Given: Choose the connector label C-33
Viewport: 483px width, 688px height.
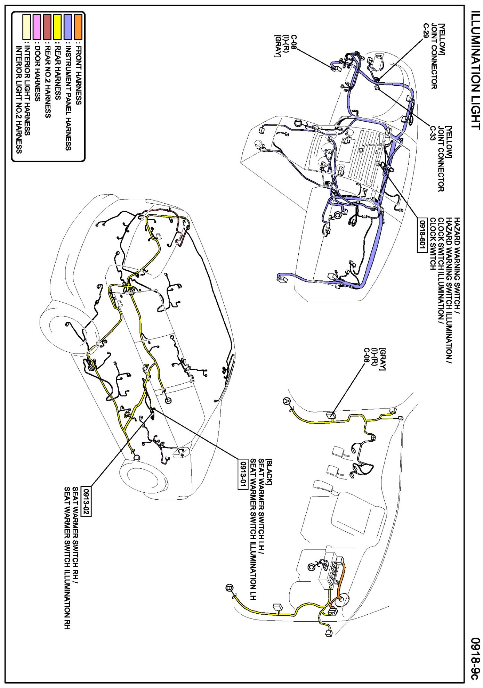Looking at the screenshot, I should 433,133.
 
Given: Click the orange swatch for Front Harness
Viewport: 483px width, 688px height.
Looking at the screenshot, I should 78,26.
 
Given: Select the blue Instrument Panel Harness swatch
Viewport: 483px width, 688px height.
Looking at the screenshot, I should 68,26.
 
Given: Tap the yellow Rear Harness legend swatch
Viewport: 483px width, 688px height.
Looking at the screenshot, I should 57,26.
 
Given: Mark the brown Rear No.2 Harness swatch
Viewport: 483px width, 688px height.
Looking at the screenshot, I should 47,26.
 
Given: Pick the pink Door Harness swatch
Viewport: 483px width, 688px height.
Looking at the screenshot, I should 37,26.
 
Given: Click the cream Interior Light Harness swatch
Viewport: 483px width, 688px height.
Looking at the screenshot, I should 26,26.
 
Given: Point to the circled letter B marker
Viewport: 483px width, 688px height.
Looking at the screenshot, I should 230,588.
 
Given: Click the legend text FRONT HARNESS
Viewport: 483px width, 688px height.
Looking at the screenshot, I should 79,75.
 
